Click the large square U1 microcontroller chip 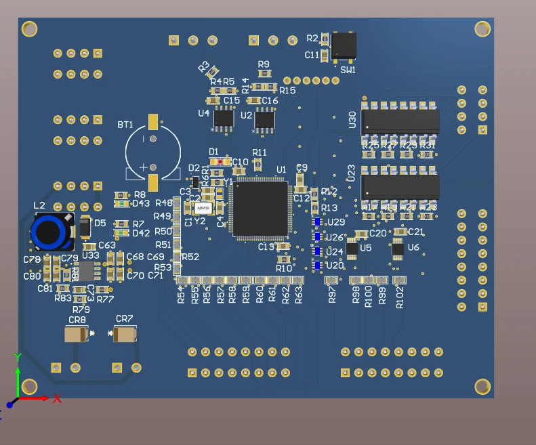261,208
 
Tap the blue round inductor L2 51,232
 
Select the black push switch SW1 344,45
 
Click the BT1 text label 125,125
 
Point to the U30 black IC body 400,121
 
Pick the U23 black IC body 400,186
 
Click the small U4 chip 223,119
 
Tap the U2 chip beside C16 264,119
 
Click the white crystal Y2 203,208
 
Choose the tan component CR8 77,334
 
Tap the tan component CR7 125,334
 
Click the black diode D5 85,226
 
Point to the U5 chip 352,249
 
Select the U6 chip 398,249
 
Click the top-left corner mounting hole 29,28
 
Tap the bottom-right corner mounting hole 482,387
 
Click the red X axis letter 58,398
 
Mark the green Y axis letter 18,357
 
